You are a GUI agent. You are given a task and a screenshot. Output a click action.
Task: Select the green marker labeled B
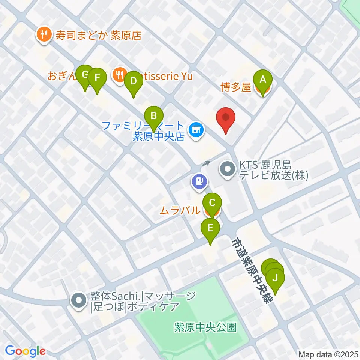(154, 116)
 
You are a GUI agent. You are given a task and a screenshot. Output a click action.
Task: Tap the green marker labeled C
(212, 204)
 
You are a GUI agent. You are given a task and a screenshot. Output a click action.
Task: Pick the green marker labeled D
(132, 81)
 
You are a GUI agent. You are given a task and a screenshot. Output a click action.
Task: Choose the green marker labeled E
(210, 228)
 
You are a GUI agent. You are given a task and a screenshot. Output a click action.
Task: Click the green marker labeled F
(97, 78)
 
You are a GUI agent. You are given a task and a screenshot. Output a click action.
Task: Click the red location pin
(226, 118)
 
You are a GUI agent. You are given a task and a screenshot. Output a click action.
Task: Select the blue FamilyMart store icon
(195, 130)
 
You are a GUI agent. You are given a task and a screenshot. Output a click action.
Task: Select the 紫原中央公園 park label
(205, 327)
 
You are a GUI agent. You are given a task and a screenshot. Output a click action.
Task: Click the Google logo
(25, 351)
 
